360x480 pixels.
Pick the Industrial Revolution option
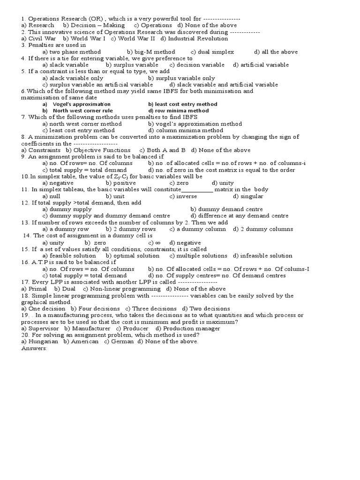[x=193, y=38]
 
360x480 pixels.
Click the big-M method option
[x=151, y=52]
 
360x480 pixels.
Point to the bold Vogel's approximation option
[x=77, y=104]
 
